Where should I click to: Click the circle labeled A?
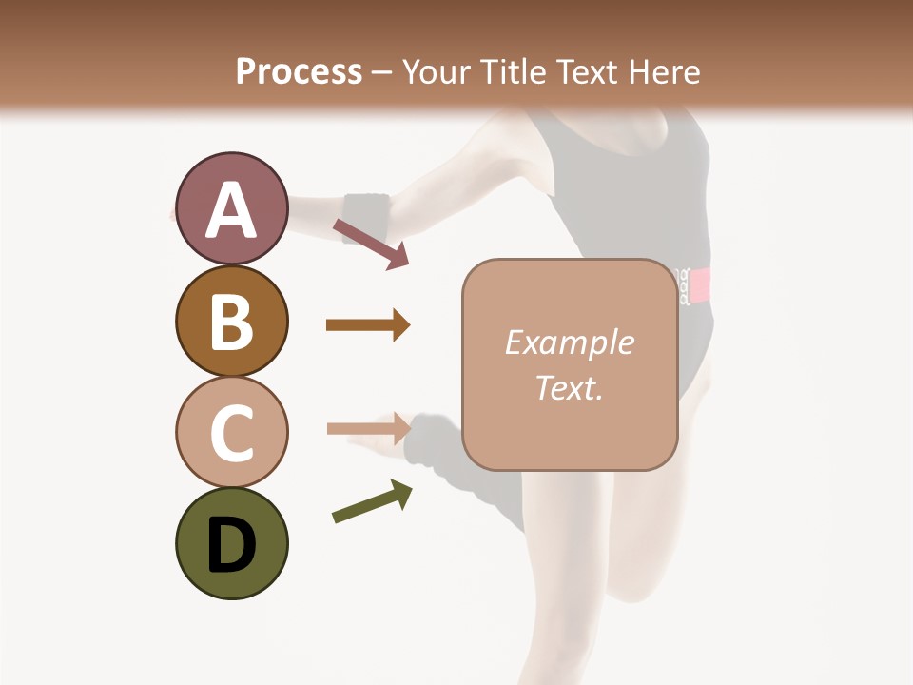(x=231, y=208)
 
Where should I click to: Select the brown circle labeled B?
(x=231, y=321)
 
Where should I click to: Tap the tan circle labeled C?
(x=231, y=432)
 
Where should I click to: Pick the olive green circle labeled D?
(x=231, y=543)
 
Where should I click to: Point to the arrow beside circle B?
(x=368, y=325)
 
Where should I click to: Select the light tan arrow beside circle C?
(x=368, y=428)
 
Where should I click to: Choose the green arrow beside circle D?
(x=372, y=501)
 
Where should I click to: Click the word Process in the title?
(x=299, y=71)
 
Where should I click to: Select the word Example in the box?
(x=569, y=342)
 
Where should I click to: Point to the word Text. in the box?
(x=569, y=387)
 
